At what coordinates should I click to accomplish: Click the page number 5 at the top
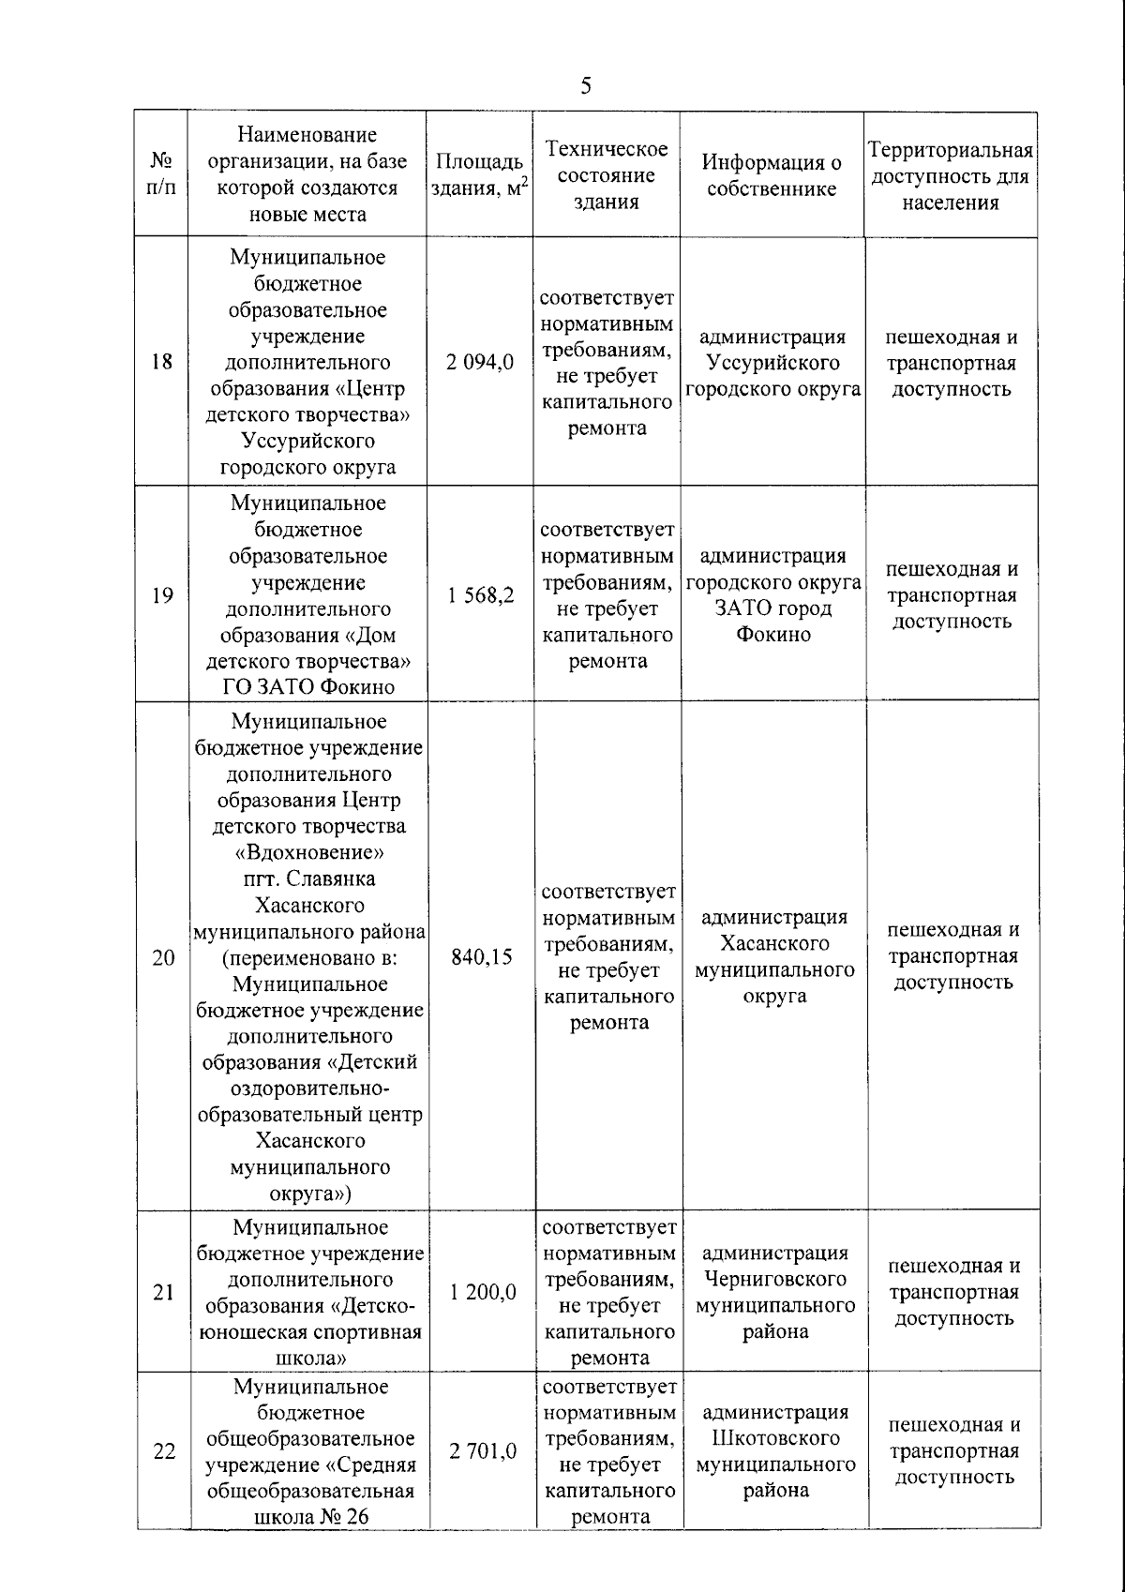586,87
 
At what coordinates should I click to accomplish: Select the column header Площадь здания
479,174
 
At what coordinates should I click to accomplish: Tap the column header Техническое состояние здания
607,175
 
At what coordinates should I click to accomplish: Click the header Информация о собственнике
772,175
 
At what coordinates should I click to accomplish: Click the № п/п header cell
161,174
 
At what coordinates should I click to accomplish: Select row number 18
162,362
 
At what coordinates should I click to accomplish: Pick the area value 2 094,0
480,363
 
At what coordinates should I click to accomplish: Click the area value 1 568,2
480,595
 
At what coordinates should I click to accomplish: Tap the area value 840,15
481,957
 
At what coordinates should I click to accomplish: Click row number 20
163,957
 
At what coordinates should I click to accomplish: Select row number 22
164,1450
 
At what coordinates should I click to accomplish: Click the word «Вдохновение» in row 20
308,853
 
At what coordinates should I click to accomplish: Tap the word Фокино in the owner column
772,635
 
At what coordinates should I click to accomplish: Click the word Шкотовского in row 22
774,1437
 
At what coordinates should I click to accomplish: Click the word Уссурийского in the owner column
773,363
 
